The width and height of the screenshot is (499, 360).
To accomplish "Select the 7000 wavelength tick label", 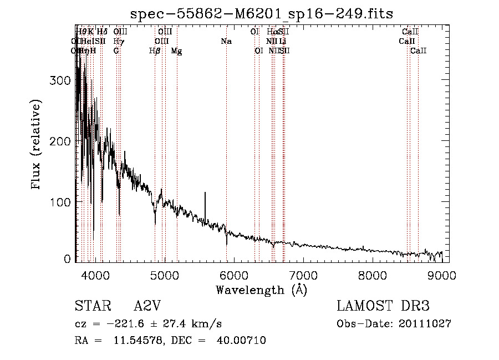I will coord(303,275).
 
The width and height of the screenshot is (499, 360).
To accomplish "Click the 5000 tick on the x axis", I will coord(164,275).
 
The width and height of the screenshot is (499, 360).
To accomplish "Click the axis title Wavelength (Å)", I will coord(261,290).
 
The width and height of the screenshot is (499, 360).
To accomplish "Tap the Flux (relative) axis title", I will coord(37,145).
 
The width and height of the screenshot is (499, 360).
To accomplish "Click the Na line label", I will coord(226,42).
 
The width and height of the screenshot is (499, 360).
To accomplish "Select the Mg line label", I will coord(176,51).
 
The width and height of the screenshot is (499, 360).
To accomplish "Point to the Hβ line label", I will coord(155,51).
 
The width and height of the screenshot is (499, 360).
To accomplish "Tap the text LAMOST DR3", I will coord(383,306).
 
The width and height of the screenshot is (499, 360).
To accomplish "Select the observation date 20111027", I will coord(425,323).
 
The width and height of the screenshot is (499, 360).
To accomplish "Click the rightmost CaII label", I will coord(419,51).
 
